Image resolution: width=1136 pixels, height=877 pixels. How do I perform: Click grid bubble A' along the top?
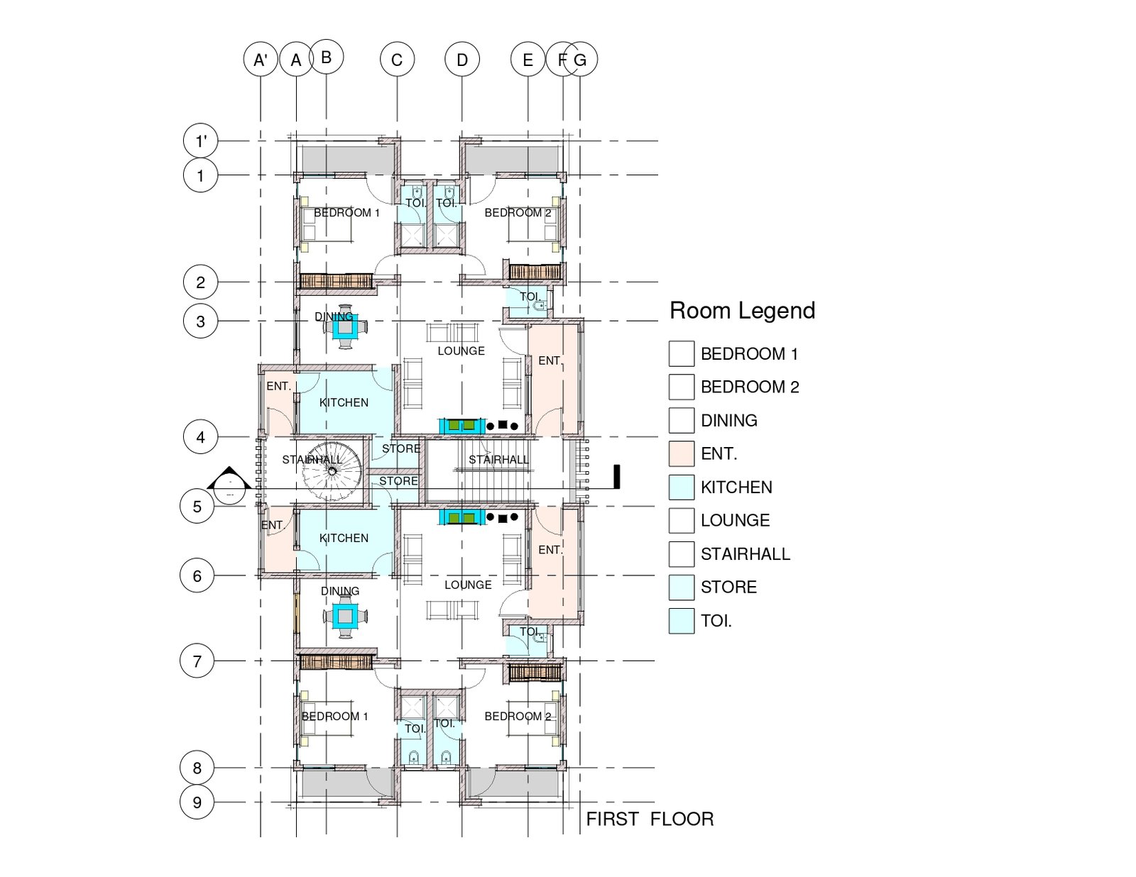click(x=261, y=60)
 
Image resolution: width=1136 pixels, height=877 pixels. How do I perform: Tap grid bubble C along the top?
click(x=397, y=60)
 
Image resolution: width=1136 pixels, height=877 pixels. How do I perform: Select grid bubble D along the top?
click(x=462, y=60)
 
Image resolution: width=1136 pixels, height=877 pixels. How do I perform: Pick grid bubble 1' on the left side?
click(x=201, y=140)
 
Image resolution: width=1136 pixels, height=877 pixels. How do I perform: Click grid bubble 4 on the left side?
click(x=201, y=436)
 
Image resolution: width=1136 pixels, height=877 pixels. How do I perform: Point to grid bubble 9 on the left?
click(x=197, y=802)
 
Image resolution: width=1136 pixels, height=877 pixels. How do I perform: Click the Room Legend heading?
click(x=743, y=310)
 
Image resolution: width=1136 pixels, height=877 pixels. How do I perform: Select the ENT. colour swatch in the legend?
click(x=682, y=453)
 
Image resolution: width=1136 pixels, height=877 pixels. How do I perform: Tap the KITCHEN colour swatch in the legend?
click(x=682, y=487)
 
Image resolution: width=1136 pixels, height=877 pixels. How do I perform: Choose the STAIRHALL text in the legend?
click(x=745, y=553)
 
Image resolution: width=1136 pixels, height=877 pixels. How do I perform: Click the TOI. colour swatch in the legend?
click(x=682, y=621)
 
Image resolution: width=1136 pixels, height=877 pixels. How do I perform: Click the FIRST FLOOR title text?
click(x=650, y=819)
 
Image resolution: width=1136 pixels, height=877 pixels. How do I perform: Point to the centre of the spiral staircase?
click(x=332, y=471)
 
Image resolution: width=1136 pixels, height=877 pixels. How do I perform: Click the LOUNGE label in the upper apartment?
click(x=461, y=351)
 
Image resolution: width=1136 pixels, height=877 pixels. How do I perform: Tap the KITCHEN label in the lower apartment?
click(x=344, y=538)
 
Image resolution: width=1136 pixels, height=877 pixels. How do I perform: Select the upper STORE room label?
click(x=401, y=448)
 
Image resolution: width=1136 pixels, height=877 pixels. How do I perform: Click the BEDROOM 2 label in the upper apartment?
click(x=518, y=213)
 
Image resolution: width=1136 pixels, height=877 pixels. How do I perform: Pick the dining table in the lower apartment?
click(x=345, y=617)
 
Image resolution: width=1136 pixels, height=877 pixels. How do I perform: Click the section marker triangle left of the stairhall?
click(x=229, y=478)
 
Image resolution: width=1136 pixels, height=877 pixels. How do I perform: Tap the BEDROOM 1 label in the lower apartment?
click(x=335, y=716)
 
